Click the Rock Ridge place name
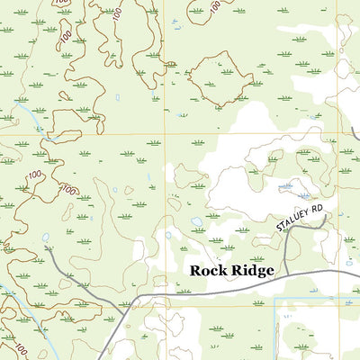(x=230, y=270)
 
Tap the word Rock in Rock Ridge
(x=206, y=270)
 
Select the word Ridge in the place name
(x=251, y=270)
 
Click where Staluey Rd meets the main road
(x=283, y=274)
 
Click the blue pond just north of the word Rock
(x=197, y=221)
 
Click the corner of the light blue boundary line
(x=275, y=300)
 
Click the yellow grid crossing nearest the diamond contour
(x=164, y=134)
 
